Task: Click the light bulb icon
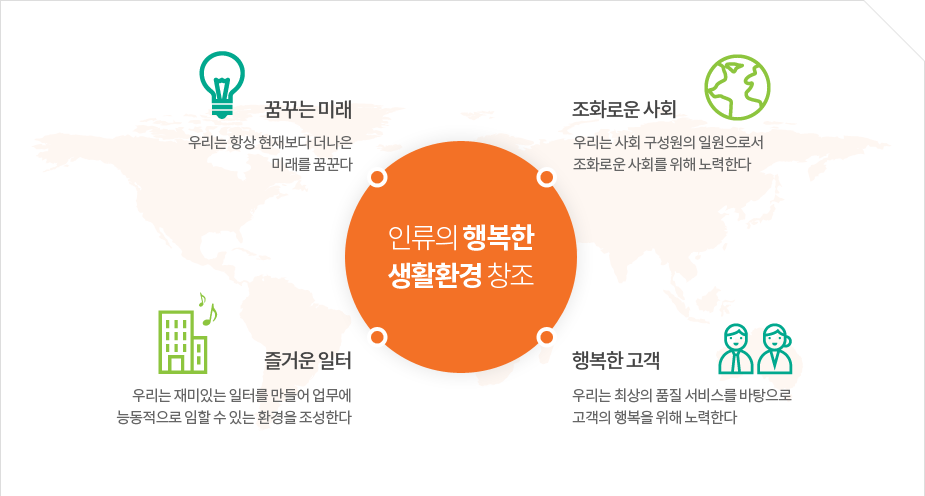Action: point(222,84)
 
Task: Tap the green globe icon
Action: point(737,87)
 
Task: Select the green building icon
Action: point(183,341)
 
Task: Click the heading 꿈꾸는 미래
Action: point(308,110)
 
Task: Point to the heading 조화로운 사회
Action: point(624,109)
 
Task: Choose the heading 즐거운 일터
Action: point(308,360)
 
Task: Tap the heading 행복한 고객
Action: point(616,360)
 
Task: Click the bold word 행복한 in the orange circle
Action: point(498,238)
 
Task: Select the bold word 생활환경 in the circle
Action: point(435,275)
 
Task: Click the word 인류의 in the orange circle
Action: point(422,238)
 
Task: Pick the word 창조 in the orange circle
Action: point(511,275)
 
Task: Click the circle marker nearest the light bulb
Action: point(378,177)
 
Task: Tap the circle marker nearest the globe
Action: point(546,177)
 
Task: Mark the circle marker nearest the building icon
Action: point(378,337)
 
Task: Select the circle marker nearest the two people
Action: point(546,337)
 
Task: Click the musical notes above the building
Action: point(208,309)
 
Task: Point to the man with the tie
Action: point(736,349)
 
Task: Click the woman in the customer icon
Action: point(775,349)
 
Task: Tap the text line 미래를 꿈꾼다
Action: point(312,165)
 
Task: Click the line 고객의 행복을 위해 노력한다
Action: point(655,418)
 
